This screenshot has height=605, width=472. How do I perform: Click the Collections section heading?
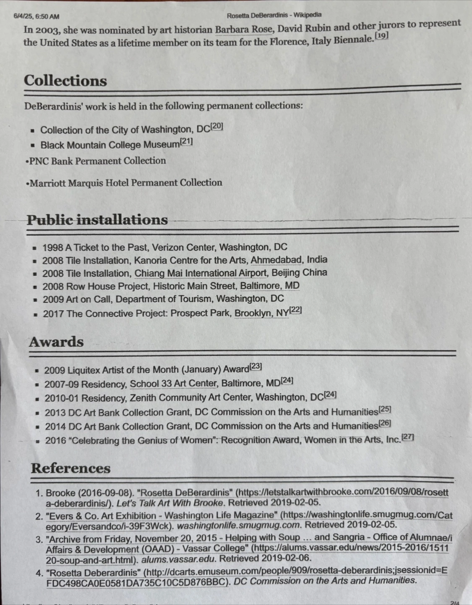tap(65, 81)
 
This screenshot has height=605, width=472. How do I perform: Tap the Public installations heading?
tap(97, 220)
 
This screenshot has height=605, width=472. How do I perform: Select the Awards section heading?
tap(56, 342)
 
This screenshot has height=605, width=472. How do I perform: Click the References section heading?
tap(70, 468)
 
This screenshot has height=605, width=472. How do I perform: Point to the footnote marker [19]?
tap(381, 36)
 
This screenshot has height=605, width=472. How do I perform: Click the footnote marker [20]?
tap(216, 126)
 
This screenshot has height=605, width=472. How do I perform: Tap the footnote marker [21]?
tap(186, 142)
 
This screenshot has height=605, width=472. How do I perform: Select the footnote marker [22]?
tap(295, 310)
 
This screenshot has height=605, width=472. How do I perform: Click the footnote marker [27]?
tap(407, 437)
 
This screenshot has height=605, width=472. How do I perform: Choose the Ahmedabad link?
tap(276, 260)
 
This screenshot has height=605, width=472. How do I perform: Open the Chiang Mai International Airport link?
tap(201, 273)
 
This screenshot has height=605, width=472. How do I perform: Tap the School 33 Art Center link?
tap(173, 384)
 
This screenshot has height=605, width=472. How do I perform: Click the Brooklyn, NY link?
tap(262, 313)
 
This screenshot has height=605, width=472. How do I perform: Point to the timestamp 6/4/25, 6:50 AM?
tap(37, 17)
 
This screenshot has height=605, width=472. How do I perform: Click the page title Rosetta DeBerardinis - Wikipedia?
tap(274, 16)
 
